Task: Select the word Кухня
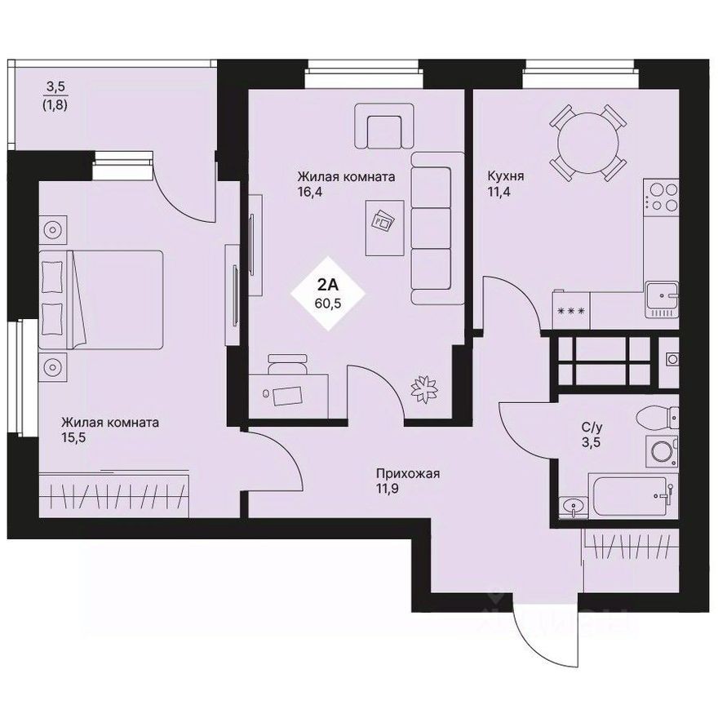505,175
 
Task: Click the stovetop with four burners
662,196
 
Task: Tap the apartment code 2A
327,285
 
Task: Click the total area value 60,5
327,303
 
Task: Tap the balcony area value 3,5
55,85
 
